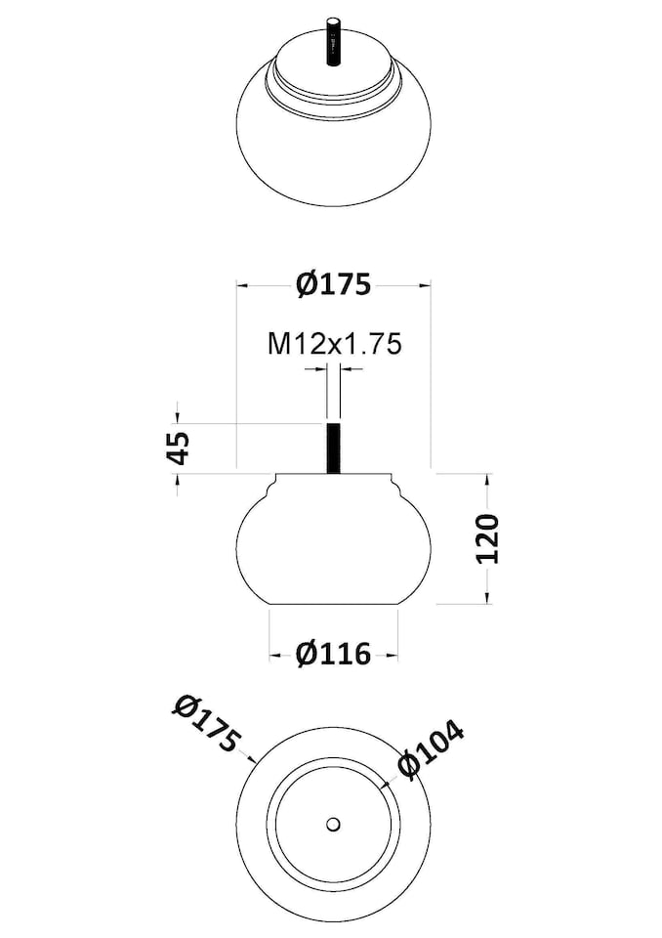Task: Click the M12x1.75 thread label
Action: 334,344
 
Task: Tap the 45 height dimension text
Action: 179,447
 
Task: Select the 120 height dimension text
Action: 487,537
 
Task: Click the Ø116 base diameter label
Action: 333,654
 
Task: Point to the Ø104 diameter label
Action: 432,749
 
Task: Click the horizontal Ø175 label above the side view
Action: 334,284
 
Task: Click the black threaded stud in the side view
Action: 334,448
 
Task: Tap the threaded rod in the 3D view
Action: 333,42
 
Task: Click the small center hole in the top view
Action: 333,825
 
